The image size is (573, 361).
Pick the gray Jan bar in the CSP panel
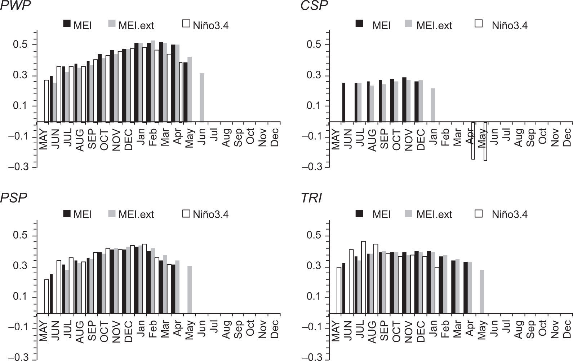pyautogui.click(x=433, y=105)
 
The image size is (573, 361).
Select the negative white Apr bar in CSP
pyautogui.click(x=473, y=140)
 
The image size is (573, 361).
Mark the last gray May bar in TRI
pyautogui.click(x=482, y=292)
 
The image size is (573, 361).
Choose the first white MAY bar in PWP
pyautogui.click(x=46, y=101)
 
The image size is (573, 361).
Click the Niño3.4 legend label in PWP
pyautogui.click(x=210, y=25)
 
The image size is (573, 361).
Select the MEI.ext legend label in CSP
pyautogui.click(x=434, y=25)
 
